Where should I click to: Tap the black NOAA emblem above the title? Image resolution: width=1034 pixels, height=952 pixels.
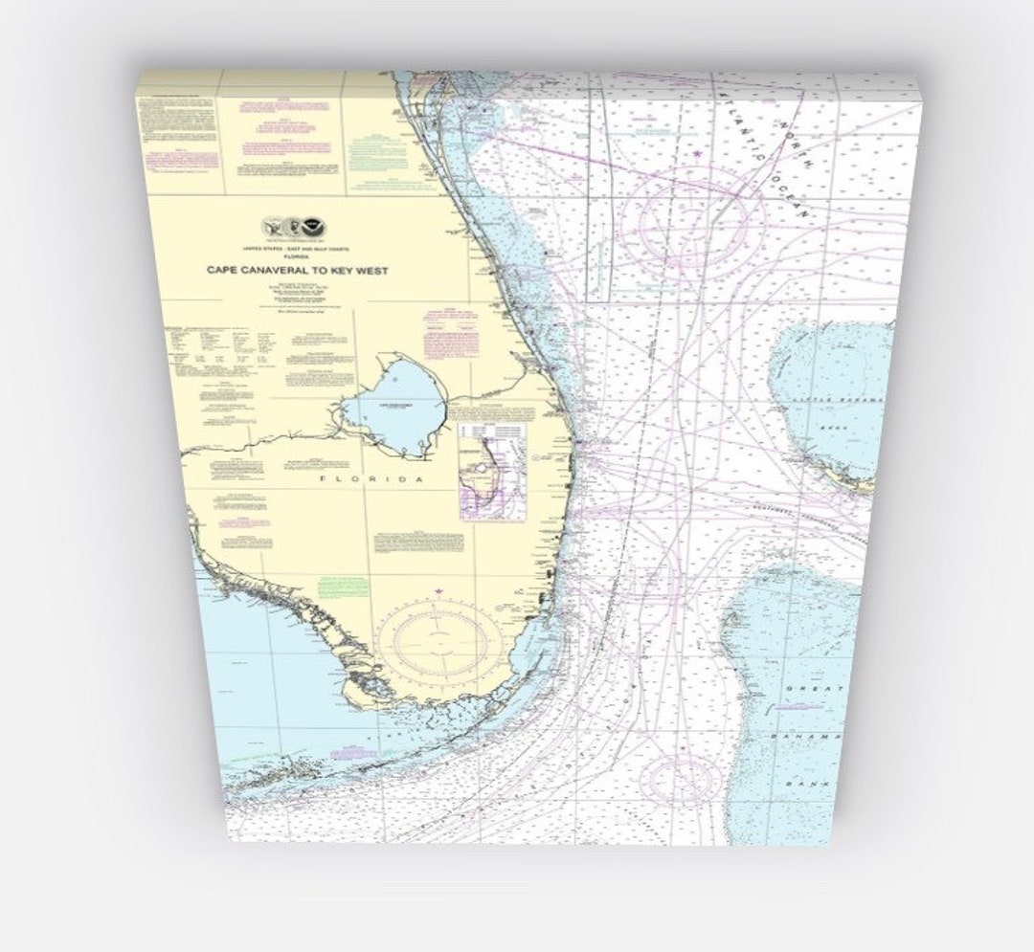pos(311,227)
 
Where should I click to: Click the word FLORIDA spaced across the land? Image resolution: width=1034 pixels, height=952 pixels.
pos(371,478)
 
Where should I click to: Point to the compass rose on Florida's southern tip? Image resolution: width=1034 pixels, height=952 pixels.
pos(439,641)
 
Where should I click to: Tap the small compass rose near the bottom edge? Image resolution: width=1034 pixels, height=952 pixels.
pos(678,779)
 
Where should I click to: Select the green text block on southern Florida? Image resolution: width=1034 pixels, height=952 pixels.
pos(343,587)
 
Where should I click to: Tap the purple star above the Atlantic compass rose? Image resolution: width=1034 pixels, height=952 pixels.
pos(698,153)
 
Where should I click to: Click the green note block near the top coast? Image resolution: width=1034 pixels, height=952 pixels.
pos(379,148)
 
